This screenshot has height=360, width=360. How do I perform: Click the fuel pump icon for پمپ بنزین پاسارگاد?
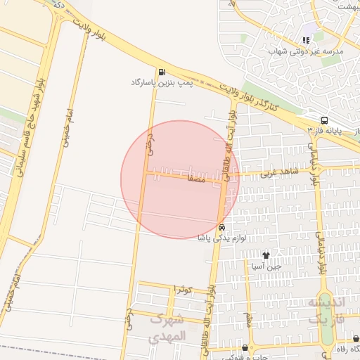[163, 72]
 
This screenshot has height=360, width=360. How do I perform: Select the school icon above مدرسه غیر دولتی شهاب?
[305, 41]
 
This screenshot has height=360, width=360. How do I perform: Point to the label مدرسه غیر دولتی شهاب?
[306, 52]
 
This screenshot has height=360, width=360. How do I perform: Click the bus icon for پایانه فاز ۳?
[323, 120]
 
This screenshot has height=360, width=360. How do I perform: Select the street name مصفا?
[196, 179]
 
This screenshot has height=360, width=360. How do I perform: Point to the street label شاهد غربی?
[280, 171]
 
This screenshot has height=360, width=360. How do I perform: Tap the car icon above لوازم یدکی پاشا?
[221, 227]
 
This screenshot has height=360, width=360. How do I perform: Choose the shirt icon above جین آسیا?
[266, 255]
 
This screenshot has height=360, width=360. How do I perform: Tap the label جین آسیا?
[267, 266]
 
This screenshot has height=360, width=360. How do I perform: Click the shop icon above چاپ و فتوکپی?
[245, 347]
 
